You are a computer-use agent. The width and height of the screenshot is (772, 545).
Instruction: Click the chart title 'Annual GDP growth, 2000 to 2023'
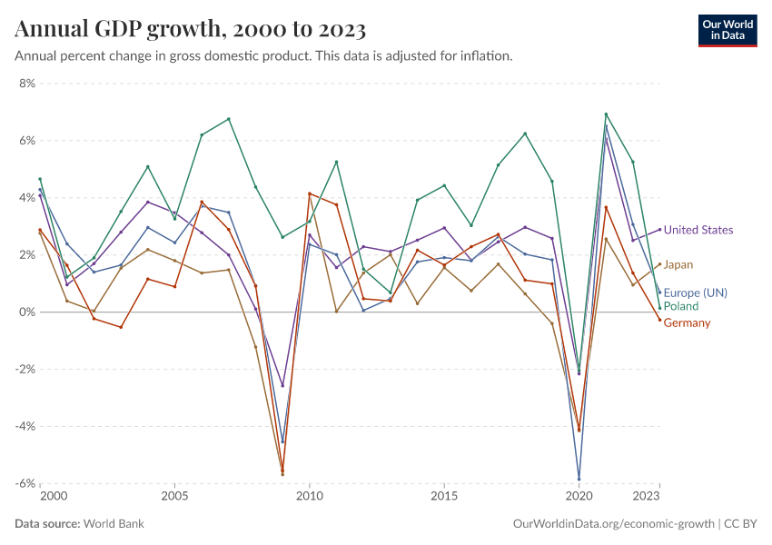[191, 30]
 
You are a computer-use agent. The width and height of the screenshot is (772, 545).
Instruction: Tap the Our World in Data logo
[727, 30]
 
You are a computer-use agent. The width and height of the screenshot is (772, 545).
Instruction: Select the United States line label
[698, 230]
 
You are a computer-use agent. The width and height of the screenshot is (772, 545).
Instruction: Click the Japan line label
[678, 264]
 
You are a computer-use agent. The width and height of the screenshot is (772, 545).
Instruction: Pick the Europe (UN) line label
[695, 292]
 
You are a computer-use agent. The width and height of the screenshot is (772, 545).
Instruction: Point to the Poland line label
[681, 306]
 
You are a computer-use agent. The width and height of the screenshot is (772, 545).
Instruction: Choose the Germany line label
[687, 322]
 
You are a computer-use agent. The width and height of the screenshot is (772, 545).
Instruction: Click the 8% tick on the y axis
[26, 84]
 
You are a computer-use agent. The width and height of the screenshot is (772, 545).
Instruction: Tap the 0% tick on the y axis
[26, 312]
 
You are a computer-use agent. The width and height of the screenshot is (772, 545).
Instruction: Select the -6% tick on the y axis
[25, 483]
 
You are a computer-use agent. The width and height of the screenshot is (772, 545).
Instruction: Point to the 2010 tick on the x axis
[310, 497]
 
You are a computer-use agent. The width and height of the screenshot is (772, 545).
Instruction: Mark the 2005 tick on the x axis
[175, 497]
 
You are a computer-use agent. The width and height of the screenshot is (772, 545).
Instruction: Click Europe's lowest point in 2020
[579, 479]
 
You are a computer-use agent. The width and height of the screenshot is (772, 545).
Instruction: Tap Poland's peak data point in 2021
[606, 114]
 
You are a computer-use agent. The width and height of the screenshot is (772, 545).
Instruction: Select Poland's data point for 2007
[229, 119]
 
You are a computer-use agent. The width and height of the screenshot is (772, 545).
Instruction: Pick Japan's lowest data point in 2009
[282, 474]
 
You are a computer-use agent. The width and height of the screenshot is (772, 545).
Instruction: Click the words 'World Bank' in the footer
[114, 524]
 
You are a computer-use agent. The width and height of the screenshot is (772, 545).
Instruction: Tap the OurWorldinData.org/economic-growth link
[614, 524]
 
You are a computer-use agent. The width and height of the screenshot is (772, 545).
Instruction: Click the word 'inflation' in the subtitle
[489, 55]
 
